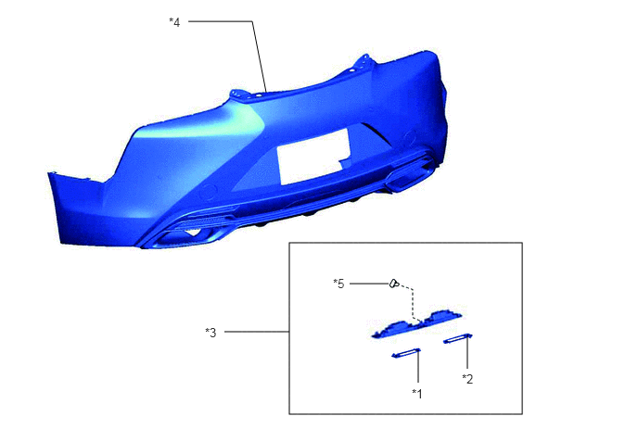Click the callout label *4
click(174, 22)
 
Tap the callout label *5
click(338, 284)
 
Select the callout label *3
click(211, 333)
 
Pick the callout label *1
click(417, 393)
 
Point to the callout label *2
click(467, 379)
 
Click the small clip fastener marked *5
click(394, 284)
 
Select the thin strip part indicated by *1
click(405, 353)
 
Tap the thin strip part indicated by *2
click(458, 338)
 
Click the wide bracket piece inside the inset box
click(417, 324)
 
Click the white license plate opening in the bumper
click(313, 157)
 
